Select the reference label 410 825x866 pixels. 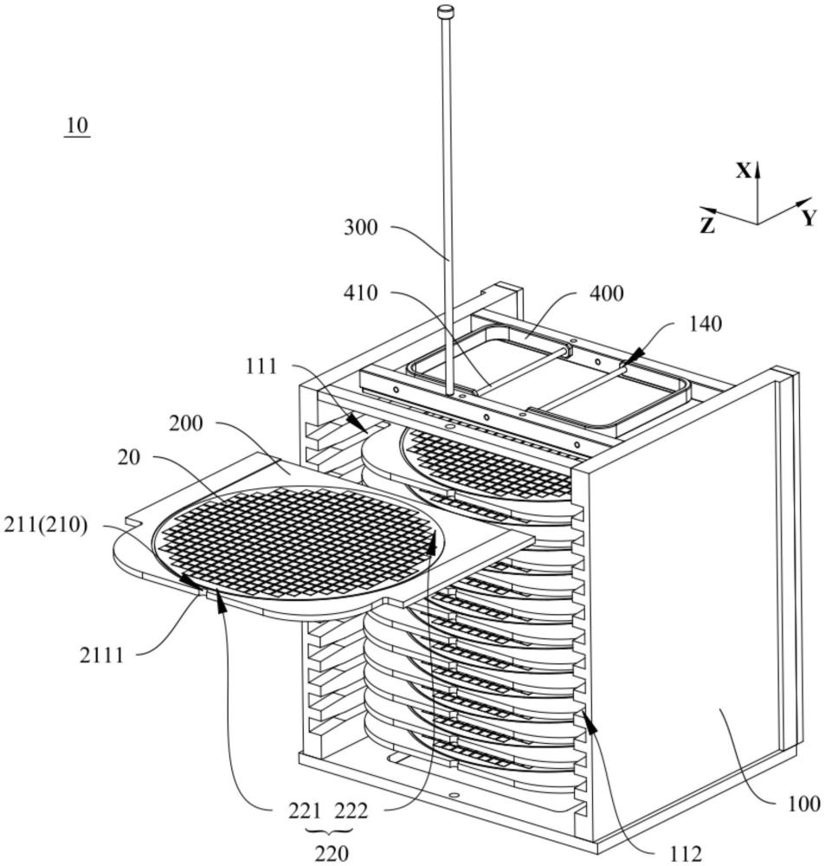pyautogui.click(x=360, y=293)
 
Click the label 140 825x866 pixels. pyautogui.click(x=706, y=324)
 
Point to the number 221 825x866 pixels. pyautogui.click(x=304, y=811)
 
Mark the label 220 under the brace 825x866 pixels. pyautogui.click(x=331, y=854)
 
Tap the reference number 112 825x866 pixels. pyautogui.click(x=686, y=855)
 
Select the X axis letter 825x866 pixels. pyautogui.click(x=744, y=171)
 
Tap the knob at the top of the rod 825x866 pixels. pyautogui.click(x=446, y=11)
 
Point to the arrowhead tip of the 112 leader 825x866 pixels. pyautogui.click(x=586, y=713)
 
